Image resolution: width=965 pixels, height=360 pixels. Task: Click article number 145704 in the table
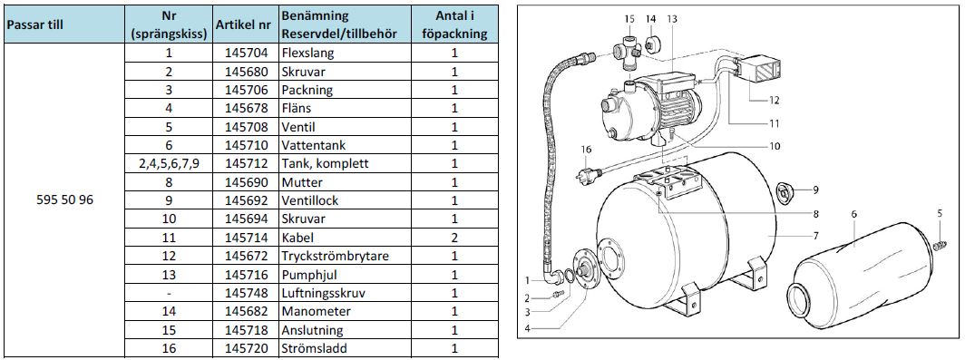point(247,53)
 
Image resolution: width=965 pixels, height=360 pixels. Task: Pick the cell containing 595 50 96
point(65,200)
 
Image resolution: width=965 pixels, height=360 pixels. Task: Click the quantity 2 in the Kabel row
point(454,238)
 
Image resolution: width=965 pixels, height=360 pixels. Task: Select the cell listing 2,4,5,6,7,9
point(170,164)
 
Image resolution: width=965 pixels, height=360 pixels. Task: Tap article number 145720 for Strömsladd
point(247,348)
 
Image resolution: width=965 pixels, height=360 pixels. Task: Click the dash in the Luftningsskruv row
point(170,293)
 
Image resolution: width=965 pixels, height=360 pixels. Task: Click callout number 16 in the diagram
point(586,149)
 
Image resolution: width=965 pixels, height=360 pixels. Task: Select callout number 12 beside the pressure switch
point(774,100)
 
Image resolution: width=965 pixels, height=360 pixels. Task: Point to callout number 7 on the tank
point(814,235)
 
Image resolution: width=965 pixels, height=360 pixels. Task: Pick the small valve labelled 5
point(940,245)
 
